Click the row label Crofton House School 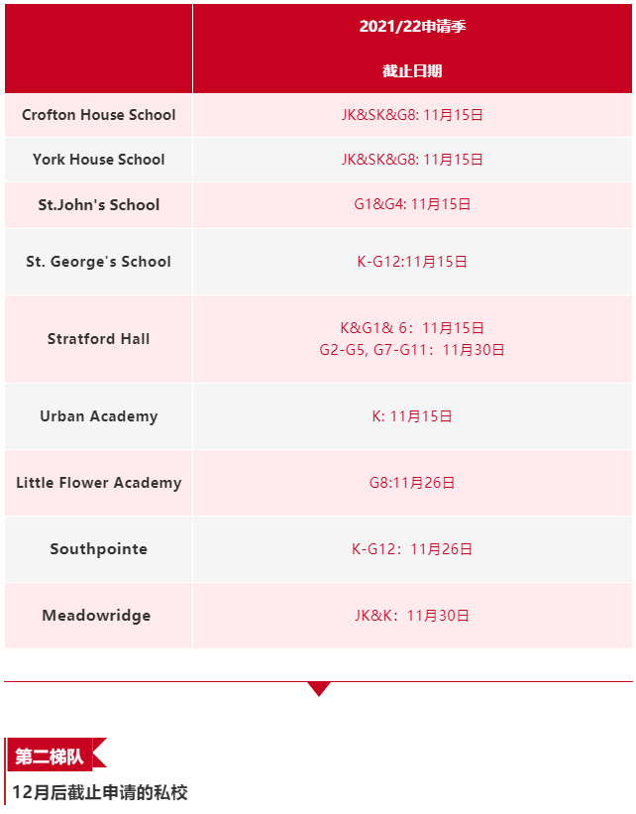pos(99,115)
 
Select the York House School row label pos(99,160)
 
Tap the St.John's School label pos(99,205)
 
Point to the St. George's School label pos(99,262)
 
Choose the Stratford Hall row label pos(99,339)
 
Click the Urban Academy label pos(99,416)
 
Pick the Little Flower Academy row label pos(99,483)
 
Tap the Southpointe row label pos(99,549)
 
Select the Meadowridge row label pos(97,616)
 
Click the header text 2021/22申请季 pos(412,27)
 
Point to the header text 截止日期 pos(412,71)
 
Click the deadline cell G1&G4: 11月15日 pos(412,205)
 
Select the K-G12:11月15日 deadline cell pos(412,262)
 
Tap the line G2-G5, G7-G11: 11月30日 pos(412,350)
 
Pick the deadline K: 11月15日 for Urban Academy pos(412,416)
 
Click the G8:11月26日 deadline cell pos(412,483)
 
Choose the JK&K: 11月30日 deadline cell pos(412,616)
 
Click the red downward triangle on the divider pos(318,688)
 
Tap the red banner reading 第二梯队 pos(51,757)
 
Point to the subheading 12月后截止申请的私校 pos(100,793)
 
